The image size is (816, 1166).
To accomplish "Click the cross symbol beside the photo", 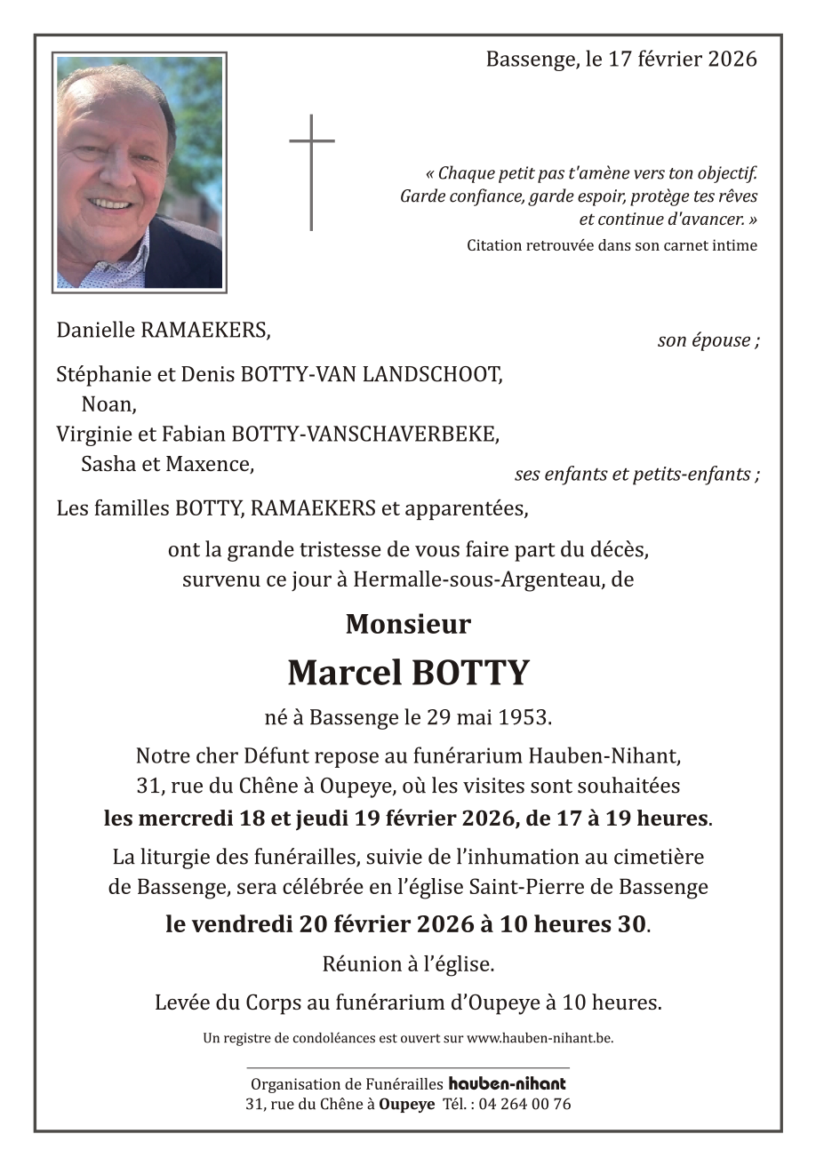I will [x=311, y=172].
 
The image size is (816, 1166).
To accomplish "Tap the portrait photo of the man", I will [x=140, y=172].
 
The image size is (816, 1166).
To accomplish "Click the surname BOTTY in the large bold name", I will [x=468, y=673].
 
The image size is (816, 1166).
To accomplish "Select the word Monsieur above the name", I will [x=408, y=624].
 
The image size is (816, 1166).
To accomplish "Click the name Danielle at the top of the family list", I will [x=95, y=331].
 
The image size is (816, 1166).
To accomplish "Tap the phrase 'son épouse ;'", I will [x=708, y=340].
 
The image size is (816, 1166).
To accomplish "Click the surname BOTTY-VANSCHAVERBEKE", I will [x=364, y=434].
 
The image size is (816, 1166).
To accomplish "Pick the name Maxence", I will [x=217, y=463].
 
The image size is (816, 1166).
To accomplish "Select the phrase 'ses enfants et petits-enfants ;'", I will [x=636, y=475].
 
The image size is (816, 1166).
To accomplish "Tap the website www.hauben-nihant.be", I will [x=540, y=1037].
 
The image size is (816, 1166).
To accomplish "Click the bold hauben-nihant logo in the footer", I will [x=507, y=1083].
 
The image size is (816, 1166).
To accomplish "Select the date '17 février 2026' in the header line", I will [x=683, y=60].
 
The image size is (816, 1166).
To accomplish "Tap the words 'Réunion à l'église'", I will [x=407, y=963].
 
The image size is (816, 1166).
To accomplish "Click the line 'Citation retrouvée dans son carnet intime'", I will [x=612, y=245].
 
